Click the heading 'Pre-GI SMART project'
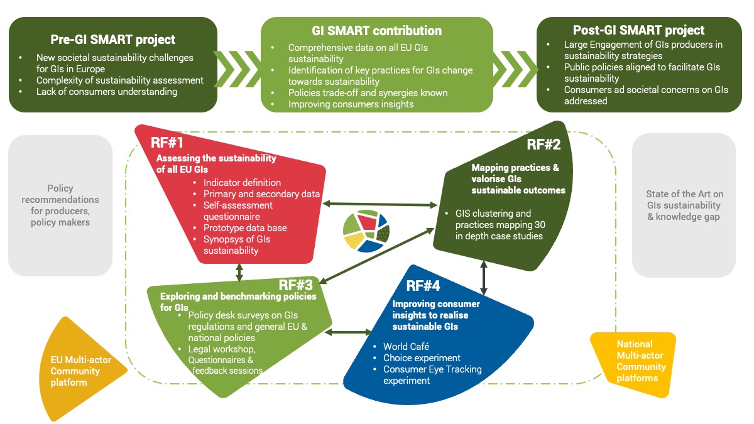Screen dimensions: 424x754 click(x=113, y=40)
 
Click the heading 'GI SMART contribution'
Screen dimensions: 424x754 click(x=376, y=31)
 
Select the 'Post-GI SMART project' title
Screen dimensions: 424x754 click(x=638, y=30)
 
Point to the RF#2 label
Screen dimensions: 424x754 click(x=544, y=144)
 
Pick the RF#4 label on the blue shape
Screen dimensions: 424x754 click(x=423, y=286)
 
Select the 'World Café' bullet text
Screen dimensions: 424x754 click(x=406, y=347)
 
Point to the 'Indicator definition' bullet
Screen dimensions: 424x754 click(x=242, y=182)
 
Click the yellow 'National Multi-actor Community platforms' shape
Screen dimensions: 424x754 click(x=633, y=361)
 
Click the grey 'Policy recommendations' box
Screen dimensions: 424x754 click(x=60, y=205)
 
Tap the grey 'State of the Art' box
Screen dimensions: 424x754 click(x=683, y=205)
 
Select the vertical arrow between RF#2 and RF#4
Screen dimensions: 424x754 click(x=484, y=278)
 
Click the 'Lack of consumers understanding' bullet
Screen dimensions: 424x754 click(x=107, y=92)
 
